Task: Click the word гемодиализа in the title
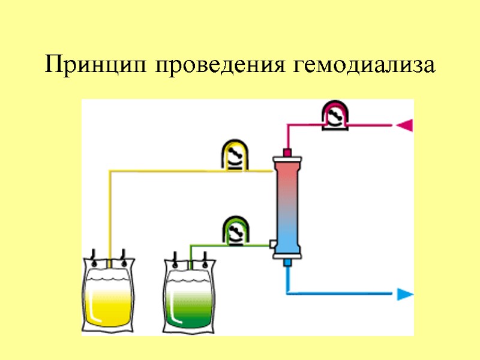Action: click(x=365, y=65)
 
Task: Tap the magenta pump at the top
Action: click(x=334, y=115)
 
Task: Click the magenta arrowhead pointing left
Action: click(x=404, y=125)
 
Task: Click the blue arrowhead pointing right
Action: click(x=406, y=294)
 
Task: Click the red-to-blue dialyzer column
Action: click(x=287, y=207)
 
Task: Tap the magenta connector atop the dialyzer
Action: click(x=287, y=152)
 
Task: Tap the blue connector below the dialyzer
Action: click(x=287, y=263)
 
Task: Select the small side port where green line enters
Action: click(x=272, y=244)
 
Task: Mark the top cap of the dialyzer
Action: click(x=287, y=159)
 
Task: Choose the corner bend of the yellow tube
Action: click(x=110, y=172)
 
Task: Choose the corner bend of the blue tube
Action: click(x=289, y=293)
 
